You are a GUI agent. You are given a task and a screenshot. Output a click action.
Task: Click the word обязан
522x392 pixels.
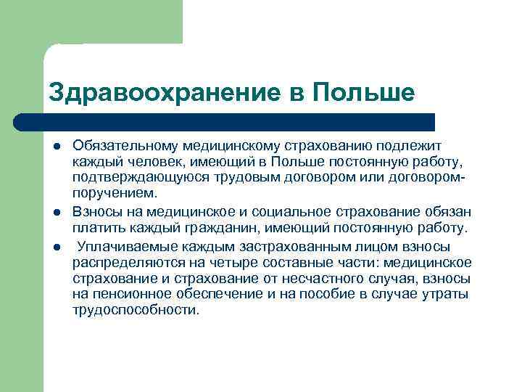click(x=445, y=211)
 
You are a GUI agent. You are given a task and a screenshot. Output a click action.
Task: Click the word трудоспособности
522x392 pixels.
click(x=135, y=310)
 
